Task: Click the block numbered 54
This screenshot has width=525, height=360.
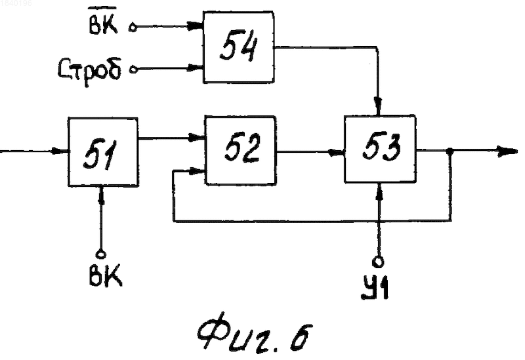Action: coord(239,47)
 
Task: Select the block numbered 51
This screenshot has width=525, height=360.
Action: coord(103,151)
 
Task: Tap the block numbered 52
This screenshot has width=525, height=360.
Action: coord(240,150)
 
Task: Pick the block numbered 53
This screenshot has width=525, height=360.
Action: coord(381,149)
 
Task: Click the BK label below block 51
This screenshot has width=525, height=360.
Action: coord(105,275)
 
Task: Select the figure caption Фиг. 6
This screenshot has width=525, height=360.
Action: coord(255,331)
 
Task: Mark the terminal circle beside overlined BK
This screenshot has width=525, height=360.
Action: coord(133,28)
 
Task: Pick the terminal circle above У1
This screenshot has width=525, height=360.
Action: coord(378,262)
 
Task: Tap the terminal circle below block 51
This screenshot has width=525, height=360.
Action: coord(100,254)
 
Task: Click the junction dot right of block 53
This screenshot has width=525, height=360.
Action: coord(451,151)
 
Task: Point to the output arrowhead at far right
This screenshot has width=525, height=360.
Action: coord(507,151)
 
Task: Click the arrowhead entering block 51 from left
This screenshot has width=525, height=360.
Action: coord(60,151)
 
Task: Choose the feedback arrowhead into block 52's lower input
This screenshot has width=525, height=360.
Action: coord(197,172)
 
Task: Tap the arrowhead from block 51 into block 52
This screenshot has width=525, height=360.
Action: coord(197,138)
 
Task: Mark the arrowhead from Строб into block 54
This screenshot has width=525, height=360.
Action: coord(196,68)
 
